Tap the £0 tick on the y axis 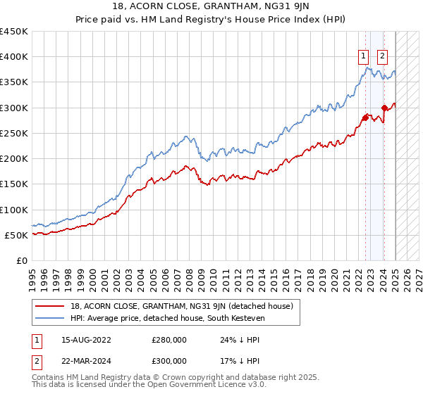click(21, 261)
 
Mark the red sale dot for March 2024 click(384, 108)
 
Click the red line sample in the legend click(49, 305)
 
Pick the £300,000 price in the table click(169, 360)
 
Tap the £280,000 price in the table click(169, 340)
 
